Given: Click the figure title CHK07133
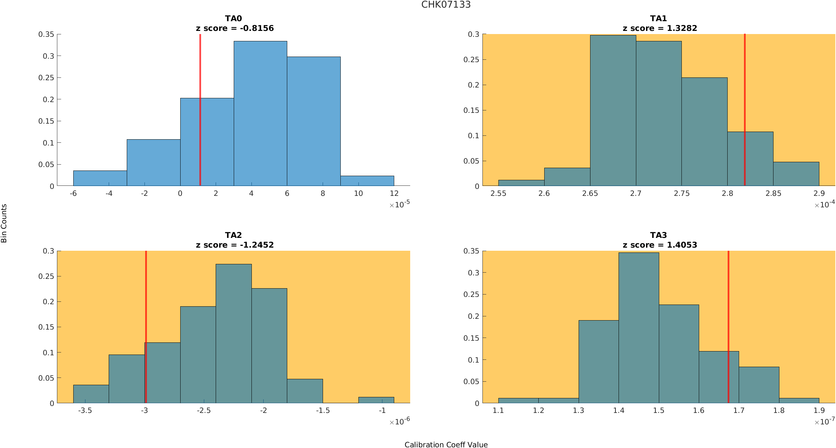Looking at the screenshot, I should point(446,5).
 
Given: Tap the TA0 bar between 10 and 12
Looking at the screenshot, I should point(367,181).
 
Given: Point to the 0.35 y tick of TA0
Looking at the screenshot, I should point(46,34).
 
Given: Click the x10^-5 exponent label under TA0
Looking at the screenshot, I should point(399,204).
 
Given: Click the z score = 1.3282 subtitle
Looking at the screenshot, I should point(660,28).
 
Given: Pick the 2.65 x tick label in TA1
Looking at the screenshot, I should point(590,194).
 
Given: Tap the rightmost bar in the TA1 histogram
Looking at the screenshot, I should point(796,174).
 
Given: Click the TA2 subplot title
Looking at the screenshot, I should point(233,235).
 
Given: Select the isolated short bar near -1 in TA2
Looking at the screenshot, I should point(376,400).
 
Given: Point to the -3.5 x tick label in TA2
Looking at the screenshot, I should point(85,410).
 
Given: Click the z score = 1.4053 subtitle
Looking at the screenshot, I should point(660,245).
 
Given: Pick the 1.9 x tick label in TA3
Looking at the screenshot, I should point(819,410).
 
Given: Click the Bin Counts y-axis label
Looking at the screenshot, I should point(4,223).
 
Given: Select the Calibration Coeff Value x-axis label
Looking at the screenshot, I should point(446,445).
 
